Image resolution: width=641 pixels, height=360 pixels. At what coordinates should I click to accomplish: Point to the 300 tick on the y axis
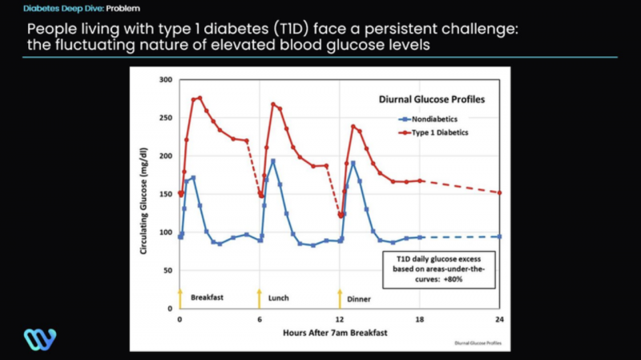pyautogui.click(x=166, y=80)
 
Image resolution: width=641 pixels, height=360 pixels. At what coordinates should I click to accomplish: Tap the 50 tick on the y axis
pyautogui.click(x=167, y=270)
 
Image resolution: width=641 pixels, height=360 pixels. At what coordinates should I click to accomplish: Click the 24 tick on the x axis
pyautogui.click(x=499, y=318)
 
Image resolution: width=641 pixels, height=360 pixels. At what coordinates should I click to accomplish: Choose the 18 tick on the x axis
pyautogui.click(x=420, y=318)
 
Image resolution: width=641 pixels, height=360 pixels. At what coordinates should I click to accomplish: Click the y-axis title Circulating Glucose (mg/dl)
pyautogui.click(x=147, y=193)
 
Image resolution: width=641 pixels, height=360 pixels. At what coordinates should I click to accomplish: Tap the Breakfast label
pyautogui.click(x=208, y=297)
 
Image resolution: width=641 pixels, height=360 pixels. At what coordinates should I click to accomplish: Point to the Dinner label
pyautogui.click(x=359, y=299)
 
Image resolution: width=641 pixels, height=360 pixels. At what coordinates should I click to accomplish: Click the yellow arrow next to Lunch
pyautogui.click(x=259, y=296)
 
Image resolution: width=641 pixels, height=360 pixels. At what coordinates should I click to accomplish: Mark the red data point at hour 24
pyautogui.click(x=499, y=192)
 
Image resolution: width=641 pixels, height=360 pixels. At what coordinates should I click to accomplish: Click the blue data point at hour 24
pyautogui.click(x=499, y=237)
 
